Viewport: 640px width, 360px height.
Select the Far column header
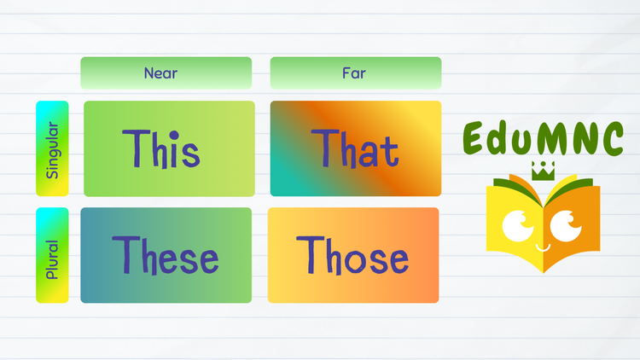(x=355, y=73)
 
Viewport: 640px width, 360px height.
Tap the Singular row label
(x=52, y=149)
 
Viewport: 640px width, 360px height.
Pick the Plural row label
(x=52, y=255)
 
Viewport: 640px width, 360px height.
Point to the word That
(x=355, y=148)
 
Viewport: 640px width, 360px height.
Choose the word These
(x=166, y=255)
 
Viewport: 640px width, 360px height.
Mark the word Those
(x=352, y=255)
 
